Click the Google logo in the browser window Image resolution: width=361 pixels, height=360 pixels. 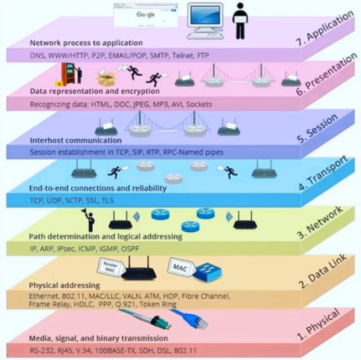[146, 15]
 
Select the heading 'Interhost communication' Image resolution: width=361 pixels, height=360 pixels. [76, 140]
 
